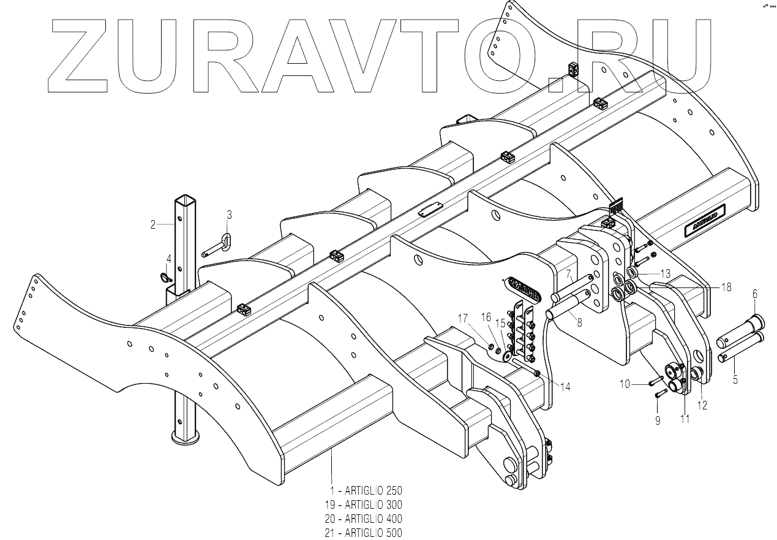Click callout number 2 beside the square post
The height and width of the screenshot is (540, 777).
click(153, 224)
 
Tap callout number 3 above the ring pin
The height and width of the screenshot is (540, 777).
click(229, 215)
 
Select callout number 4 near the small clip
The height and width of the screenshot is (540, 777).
click(168, 259)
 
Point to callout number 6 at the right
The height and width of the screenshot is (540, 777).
click(754, 294)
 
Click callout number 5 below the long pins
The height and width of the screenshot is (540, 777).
click(735, 379)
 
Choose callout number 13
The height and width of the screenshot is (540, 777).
click(666, 272)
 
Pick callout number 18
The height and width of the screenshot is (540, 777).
click(726, 286)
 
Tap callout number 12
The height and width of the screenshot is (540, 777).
click(702, 405)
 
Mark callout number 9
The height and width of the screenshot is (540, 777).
click(658, 421)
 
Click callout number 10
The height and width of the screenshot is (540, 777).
click(625, 384)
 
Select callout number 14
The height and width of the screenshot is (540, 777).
click(565, 387)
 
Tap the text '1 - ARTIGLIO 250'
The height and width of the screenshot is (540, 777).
click(366, 491)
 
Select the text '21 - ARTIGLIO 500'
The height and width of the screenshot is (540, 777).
click(364, 533)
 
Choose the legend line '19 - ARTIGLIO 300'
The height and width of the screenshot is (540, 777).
click(364, 505)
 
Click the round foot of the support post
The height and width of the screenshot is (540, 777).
click(186, 438)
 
